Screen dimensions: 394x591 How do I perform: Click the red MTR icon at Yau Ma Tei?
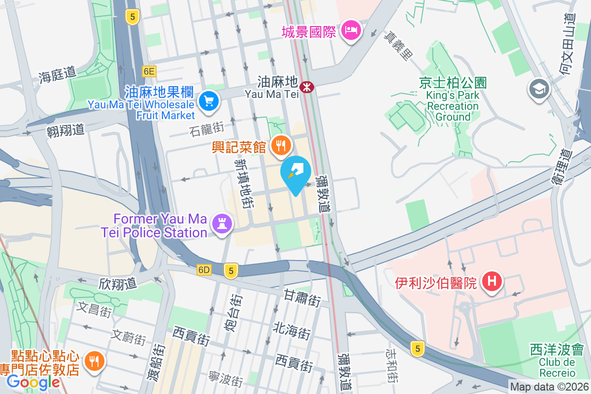pyautogui.click(x=307, y=87)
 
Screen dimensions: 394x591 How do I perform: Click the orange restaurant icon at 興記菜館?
pyautogui.click(x=281, y=145)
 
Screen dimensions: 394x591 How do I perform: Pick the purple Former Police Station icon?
pyautogui.click(x=222, y=224)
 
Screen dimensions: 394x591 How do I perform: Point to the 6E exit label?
pyautogui.click(x=149, y=71)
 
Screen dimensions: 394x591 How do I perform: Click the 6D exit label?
pyautogui.click(x=203, y=269)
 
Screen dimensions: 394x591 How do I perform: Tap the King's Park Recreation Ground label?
pyautogui.click(x=453, y=100)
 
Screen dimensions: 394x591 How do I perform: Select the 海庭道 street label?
pyautogui.click(x=58, y=74)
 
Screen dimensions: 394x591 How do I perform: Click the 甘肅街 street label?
pyautogui.click(x=302, y=298)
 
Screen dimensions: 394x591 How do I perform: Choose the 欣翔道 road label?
pyautogui.click(x=117, y=284)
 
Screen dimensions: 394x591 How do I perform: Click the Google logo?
pyautogui.click(x=33, y=382)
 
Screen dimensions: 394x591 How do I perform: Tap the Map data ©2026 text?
pyautogui.click(x=549, y=387)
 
